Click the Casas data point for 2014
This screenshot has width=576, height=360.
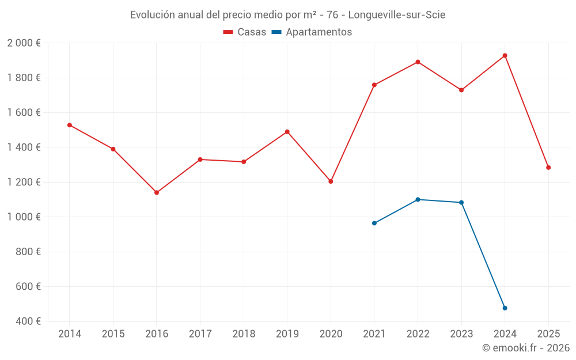coord(70,125)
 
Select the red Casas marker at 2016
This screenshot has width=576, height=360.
coord(157,192)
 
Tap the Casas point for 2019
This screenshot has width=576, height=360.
coord(287,132)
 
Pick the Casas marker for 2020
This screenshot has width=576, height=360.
coord(331,181)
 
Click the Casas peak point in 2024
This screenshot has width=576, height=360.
coord(505,56)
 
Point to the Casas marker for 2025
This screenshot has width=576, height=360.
coord(548,168)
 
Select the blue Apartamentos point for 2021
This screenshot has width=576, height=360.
coord(374,223)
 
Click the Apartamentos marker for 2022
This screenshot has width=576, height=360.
coord(418,200)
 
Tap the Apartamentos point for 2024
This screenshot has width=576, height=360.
coord(505,308)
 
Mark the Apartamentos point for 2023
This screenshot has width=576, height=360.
coord(461,203)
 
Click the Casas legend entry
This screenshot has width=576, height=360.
coord(245,32)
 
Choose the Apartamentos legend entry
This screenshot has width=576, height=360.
coord(312,32)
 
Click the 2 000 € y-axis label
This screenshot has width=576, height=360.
coord(24,43)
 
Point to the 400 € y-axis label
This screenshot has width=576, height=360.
coord(27,321)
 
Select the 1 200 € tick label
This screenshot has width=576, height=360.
coord(24,182)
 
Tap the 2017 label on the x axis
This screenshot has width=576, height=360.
coord(200,334)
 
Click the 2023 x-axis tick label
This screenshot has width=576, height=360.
coord(461,334)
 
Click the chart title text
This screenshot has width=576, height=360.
coord(287,15)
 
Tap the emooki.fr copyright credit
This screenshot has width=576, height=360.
coord(525,348)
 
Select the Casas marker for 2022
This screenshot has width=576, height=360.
coord(418,62)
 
